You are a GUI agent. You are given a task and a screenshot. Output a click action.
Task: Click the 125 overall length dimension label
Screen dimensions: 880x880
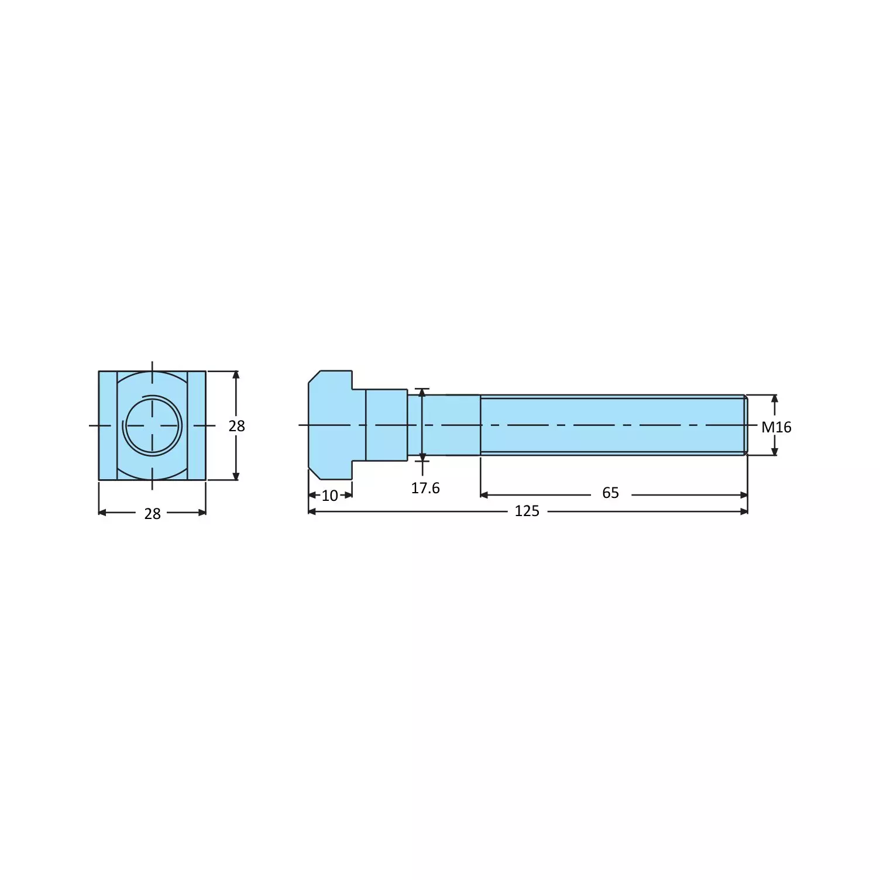click(527, 511)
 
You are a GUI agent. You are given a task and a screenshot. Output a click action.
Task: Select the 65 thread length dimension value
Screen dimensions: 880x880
click(610, 493)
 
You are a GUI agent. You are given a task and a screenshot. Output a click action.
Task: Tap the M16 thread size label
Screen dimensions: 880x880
click(776, 427)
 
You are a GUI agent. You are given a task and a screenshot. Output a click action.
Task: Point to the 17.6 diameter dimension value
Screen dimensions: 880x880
click(425, 488)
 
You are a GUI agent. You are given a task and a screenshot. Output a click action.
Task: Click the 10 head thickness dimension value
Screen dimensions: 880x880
click(330, 496)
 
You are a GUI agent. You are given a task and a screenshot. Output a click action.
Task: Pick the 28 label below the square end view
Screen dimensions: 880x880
click(152, 514)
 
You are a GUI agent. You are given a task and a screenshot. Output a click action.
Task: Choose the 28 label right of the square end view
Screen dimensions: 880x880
click(236, 426)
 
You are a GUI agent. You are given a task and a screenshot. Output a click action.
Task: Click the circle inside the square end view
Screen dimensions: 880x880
click(152, 425)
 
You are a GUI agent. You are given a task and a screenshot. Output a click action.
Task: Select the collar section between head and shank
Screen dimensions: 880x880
click(386, 425)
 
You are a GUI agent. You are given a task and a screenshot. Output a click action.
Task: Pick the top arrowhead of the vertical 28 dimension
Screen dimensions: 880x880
click(236, 375)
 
